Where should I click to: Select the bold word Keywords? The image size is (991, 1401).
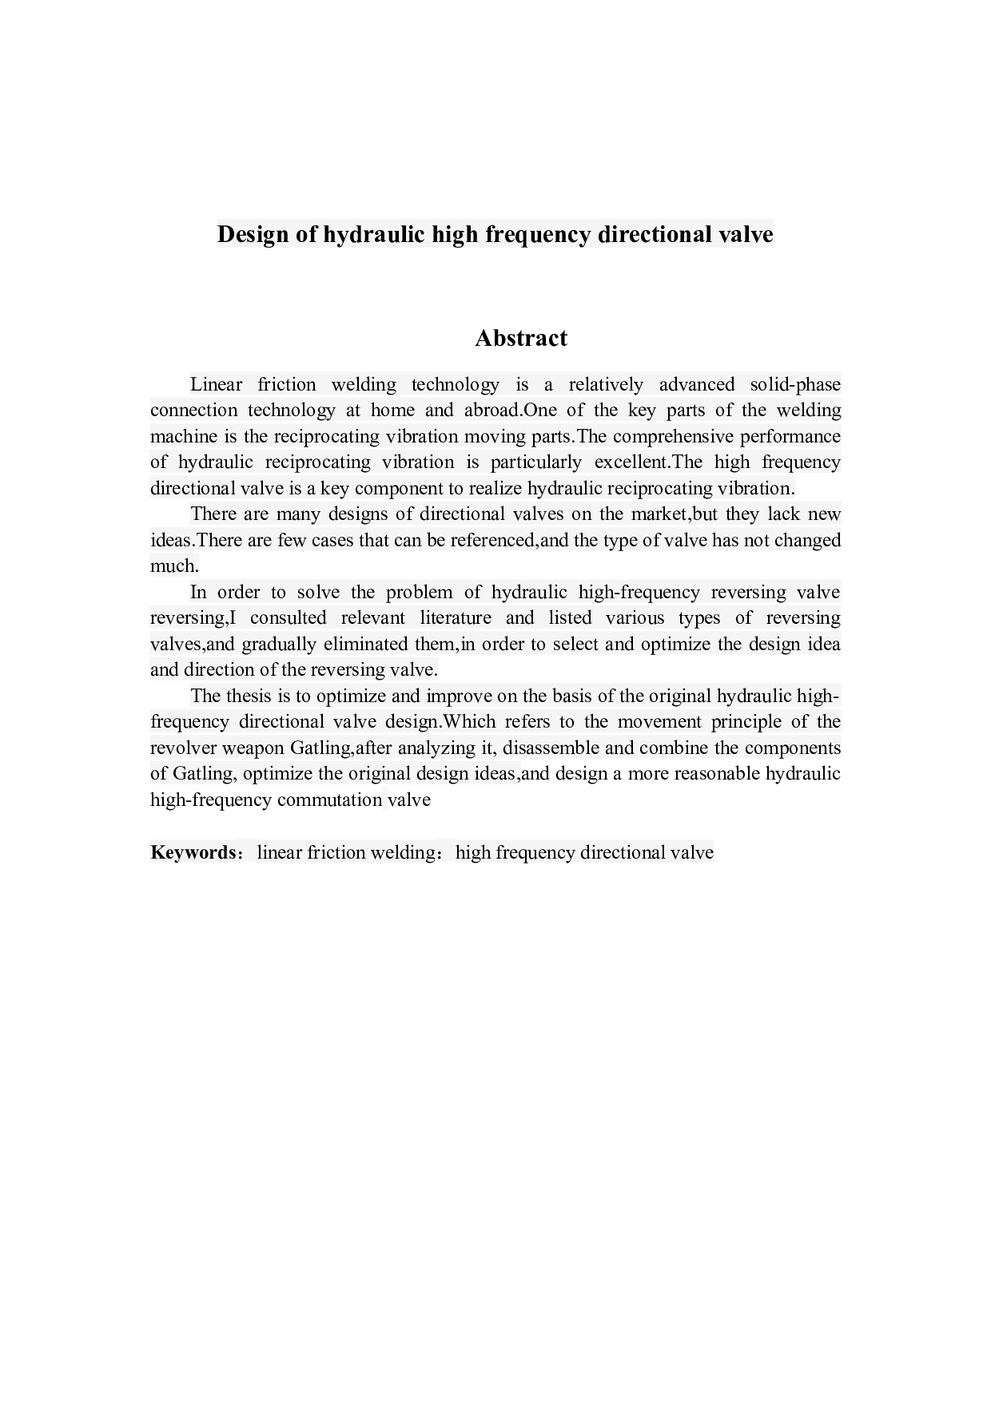click(x=193, y=852)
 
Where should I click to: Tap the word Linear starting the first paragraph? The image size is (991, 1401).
click(x=216, y=384)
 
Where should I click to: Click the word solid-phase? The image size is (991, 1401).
click(x=794, y=384)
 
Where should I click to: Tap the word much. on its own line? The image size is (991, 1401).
click(x=174, y=566)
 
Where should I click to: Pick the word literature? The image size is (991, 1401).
click(x=456, y=618)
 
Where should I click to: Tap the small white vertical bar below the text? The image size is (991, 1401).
click(x=385, y=799)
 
